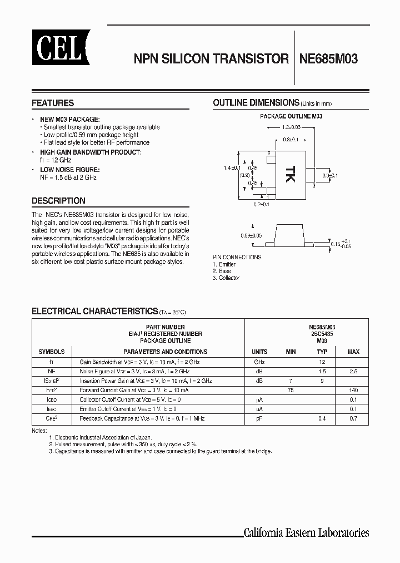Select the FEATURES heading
point(53,103)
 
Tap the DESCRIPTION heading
point(58,201)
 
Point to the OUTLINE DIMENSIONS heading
point(256,102)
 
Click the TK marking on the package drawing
point(291,175)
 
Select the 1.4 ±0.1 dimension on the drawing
point(232,168)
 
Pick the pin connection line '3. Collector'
point(226,278)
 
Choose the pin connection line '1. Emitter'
point(224,264)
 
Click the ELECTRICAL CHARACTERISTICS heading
point(95,311)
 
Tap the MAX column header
point(353,352)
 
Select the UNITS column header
point(259,352)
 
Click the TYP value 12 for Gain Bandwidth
point(322,362)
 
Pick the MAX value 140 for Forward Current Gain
point(353,390)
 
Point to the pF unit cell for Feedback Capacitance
point(259,418)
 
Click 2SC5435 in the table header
point(322,334)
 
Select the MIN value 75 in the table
point(290,390)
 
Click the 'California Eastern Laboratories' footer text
point(306,532)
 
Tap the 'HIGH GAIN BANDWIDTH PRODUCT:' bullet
point(91,152)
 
